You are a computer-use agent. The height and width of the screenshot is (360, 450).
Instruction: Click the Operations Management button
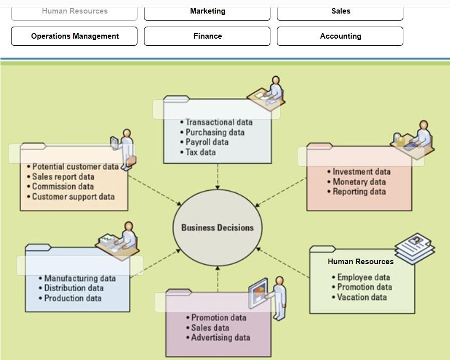[74, 36]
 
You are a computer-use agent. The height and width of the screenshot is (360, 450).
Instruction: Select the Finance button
[207, 36]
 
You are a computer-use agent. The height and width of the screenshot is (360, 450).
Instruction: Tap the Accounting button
[340, 36]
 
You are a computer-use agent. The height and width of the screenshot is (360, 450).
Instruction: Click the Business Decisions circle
[218, 227]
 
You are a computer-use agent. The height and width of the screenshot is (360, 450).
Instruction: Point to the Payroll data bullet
[204, 142]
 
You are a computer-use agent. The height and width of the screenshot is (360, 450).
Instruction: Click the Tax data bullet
[198, 152]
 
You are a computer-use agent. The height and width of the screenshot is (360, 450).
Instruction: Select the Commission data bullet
[60, 186]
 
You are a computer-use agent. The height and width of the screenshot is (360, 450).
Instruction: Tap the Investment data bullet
[359, 172]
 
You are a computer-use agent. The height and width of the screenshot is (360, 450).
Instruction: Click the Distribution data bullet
[71, 288]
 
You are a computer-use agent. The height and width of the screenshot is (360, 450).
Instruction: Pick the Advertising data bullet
[218, 337]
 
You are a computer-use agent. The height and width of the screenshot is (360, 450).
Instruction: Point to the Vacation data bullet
[359, 297]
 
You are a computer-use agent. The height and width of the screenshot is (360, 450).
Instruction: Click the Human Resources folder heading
[361, 262]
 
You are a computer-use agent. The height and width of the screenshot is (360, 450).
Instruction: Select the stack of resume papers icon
[415, 249]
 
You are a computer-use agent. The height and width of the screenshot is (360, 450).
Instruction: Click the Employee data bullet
[361, 277]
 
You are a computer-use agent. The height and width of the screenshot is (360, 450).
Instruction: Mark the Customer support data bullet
[71, 196]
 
